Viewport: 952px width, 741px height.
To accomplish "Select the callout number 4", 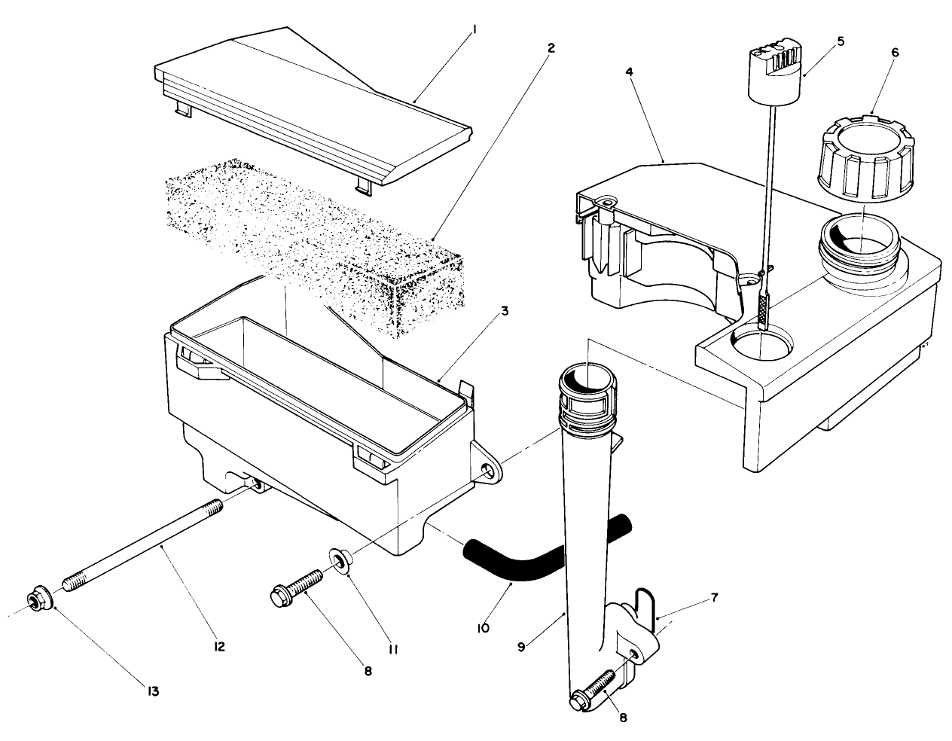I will click(630, 72).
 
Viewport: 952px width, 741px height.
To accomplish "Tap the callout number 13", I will click(153, 690).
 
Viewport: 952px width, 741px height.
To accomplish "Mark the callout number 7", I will click(714, 599).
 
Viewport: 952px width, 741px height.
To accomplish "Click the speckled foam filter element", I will click(316, 241).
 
